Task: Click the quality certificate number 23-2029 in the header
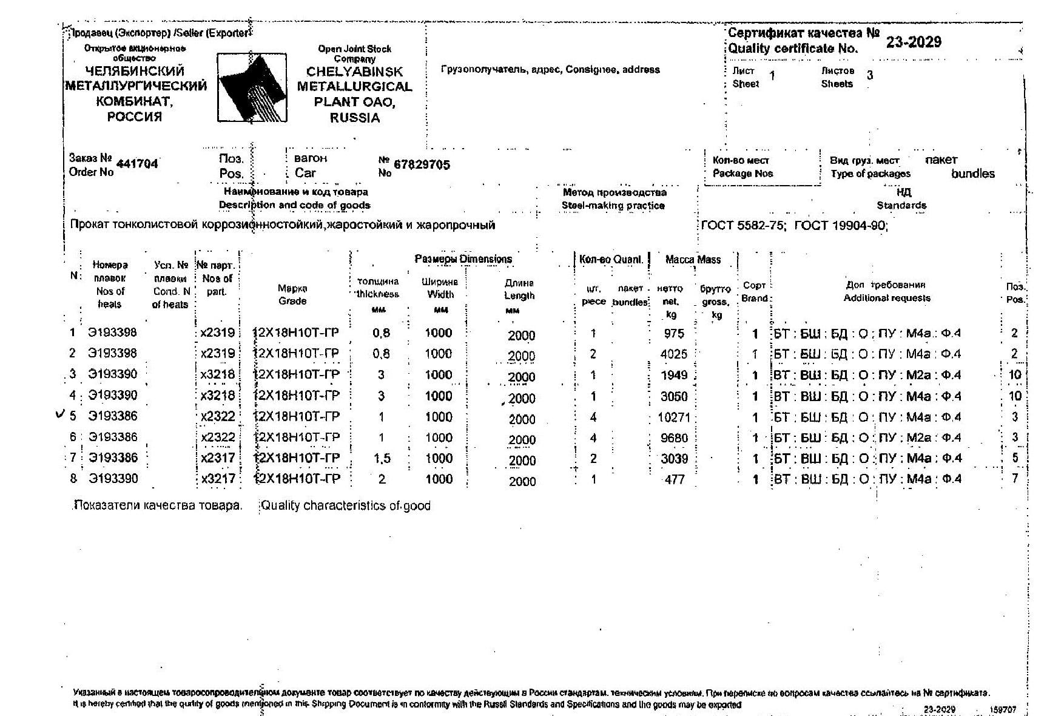tap(913, 42)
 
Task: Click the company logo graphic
tap(252, 88)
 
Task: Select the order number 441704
tap(137, 164)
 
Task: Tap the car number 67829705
tap(422, 164)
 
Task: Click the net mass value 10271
tap(673, 417)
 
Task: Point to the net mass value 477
tap(675, 479)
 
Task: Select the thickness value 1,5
tap(382, 459)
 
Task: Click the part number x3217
tap(217, 479)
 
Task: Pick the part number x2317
tap(217, 458)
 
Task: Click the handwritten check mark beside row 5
tap(59, 414)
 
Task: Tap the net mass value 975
tap(673, 333)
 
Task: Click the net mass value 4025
tap(673, 354)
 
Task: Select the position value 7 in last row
tap(1014, 479)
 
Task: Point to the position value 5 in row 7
tap(1014, 458)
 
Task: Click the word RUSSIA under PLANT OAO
tap(355, 118)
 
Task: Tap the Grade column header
tap(292, 295)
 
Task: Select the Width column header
tap(440, 289)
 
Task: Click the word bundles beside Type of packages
tap(972, 174)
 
